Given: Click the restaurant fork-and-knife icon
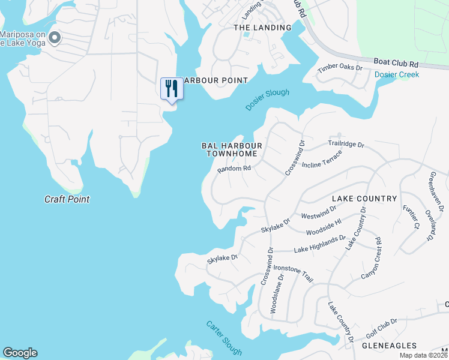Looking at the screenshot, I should click(x=172, y=89).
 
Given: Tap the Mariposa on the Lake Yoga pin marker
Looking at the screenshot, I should click(x=55, y=38).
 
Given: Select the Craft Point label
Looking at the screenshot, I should click(x=67, y=199).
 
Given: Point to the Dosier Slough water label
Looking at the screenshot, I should click(x=267, y=100).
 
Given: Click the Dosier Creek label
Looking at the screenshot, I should click(x=397, y=74).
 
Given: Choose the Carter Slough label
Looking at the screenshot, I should click(x=224, y=338).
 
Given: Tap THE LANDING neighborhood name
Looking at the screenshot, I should click(x=262, y=28).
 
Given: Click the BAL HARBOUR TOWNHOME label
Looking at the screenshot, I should click(x=232, y=149).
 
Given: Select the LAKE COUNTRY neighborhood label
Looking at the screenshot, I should click(x=364, y=198).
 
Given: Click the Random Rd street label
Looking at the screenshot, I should click(x=234, y=169).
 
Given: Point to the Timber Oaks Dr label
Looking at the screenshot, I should click(x=340, y=68).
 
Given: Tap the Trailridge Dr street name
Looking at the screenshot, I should click(x=346, y=144).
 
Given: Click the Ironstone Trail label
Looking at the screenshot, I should click(x=294, y=274).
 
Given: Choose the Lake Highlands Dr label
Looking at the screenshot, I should click(x=319, y=243).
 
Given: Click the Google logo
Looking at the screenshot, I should click(x=20, y=353).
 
